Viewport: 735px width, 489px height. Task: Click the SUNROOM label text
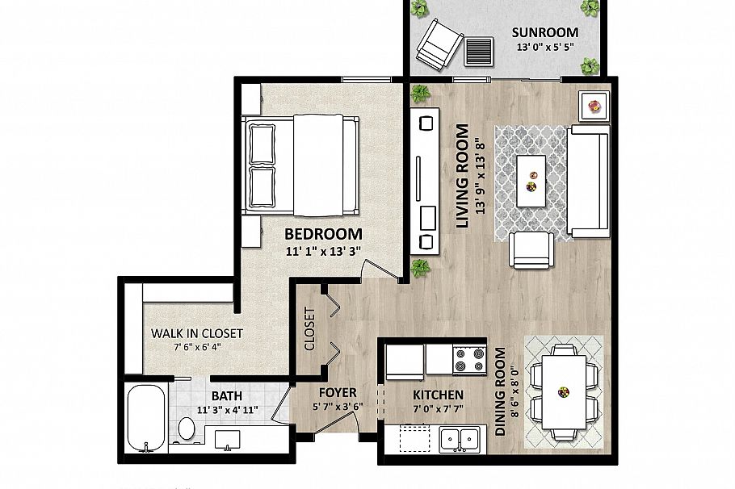point(545,32)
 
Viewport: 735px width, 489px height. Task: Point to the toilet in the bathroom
point(187,428)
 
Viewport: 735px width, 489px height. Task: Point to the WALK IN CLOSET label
point(197,333)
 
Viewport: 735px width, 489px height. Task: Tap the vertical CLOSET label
point(309,329)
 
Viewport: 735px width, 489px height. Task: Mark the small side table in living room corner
point(595,106)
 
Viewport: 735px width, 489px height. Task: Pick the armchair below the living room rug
point(531,249)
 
